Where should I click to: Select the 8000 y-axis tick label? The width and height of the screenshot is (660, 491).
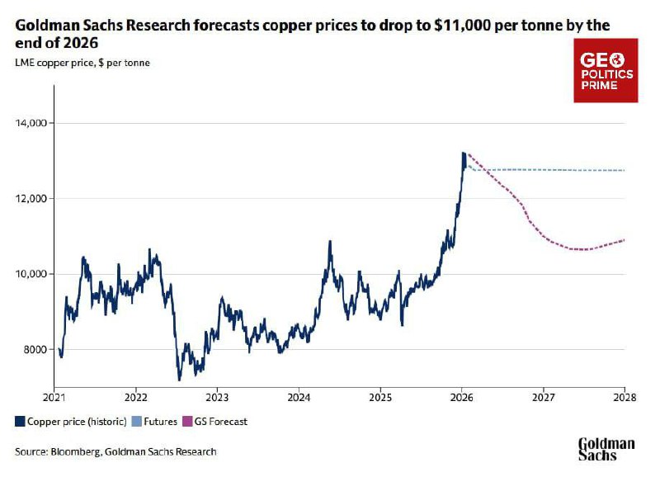[35, 350]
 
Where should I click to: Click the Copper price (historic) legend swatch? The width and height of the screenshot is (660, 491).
[20, 421]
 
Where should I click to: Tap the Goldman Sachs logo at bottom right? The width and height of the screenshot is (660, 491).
[606, 449]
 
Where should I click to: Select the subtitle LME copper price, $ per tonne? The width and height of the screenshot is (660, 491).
[82, 62]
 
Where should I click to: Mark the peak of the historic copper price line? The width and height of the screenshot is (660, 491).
[464, 153]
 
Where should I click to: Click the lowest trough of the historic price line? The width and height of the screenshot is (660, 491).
[179, 380]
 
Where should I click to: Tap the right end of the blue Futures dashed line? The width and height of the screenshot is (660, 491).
[625, 171]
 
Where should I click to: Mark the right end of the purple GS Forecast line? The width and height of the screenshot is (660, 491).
[625, 239]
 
